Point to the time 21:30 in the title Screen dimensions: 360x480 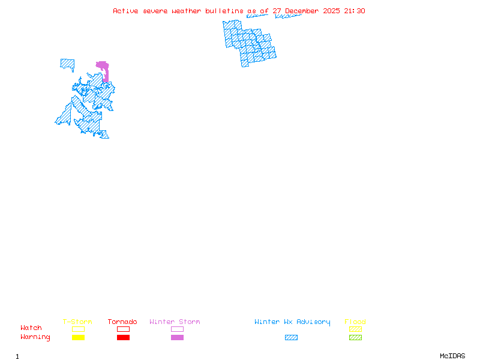pos(355,11)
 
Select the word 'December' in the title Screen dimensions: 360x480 pos(304,11)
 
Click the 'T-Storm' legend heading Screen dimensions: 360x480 pos(77,322)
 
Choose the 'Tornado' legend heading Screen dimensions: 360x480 pos(122,322)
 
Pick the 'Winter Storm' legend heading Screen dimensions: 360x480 pos(175,322)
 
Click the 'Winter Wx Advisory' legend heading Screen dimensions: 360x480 pos(292,322)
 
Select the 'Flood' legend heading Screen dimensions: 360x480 pos(355,322)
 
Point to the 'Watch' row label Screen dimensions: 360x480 pos(31,328)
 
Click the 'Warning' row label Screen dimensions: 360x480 pos(35,337)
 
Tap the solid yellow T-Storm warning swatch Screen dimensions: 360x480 pos(78,338)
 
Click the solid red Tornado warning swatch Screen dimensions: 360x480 pos(123,338)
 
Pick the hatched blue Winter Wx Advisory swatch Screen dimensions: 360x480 pos(291,338)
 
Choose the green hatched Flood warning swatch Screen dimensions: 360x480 pos(355,338)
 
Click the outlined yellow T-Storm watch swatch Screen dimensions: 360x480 pos(78,329)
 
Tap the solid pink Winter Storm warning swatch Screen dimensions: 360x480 pos(177,338)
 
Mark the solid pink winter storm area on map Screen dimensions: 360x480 pos(103,66)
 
